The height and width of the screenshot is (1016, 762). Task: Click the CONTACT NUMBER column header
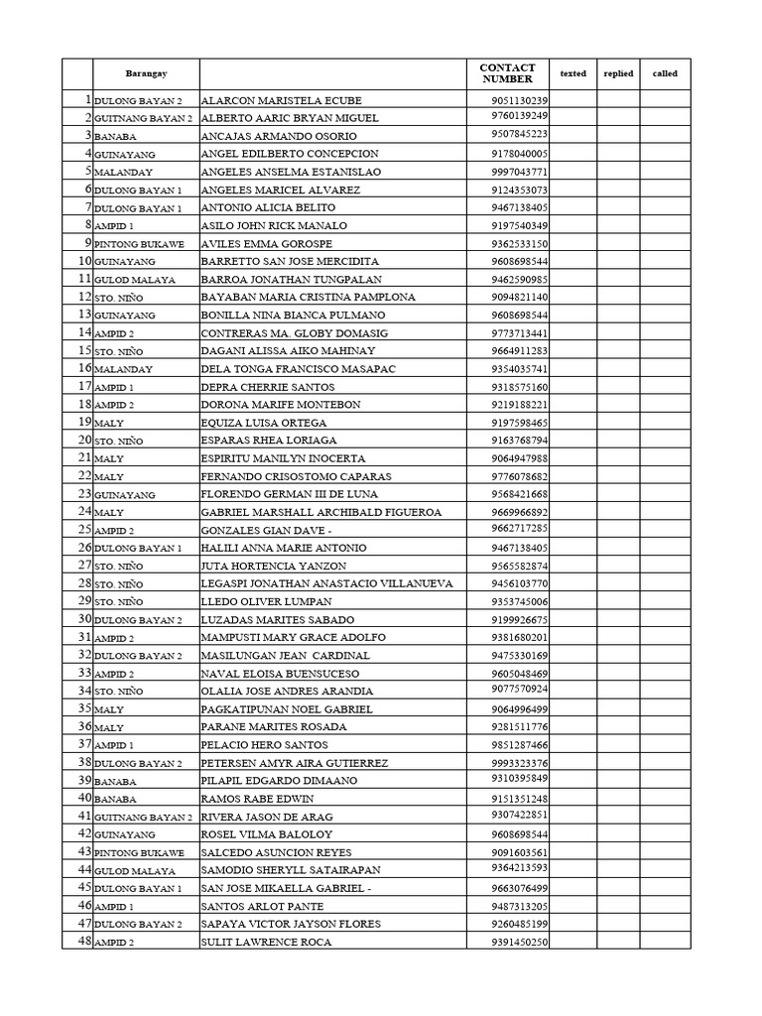507,73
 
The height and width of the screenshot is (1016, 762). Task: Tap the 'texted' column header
572,73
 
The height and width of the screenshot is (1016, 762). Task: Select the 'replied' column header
618,73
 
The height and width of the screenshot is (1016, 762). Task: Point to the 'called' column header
665,73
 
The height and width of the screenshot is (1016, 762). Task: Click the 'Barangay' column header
146,73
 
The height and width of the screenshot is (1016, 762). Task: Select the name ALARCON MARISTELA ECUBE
281,100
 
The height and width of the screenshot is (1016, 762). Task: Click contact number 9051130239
519,100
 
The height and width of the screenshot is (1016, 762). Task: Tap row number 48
78,942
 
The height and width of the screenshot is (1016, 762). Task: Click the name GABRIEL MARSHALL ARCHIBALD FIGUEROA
320,512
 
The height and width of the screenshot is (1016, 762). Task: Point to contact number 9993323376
519,762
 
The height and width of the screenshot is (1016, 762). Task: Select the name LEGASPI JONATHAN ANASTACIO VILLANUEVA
326,583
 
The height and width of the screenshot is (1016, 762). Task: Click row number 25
78,530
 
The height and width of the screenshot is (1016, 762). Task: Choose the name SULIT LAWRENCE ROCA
266,942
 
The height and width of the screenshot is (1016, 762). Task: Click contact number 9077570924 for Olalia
519,690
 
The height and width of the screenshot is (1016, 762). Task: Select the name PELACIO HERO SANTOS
264,744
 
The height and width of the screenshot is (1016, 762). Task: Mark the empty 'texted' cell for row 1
572,100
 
